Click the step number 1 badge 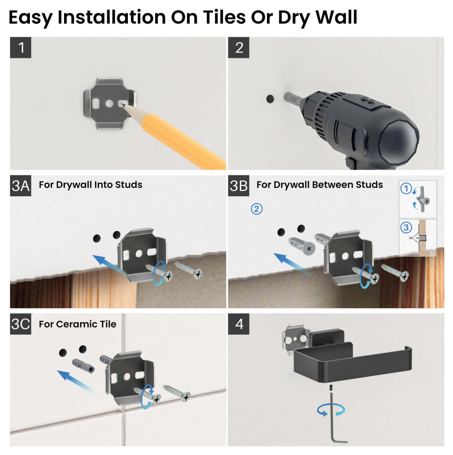21,48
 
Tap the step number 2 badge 239,48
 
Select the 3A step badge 21,186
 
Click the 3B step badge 239,186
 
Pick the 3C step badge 21,324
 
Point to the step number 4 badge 239,324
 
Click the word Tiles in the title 224,17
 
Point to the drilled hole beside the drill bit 270,99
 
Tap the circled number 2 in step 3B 256,209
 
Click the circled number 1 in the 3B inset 406,188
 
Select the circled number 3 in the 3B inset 406,227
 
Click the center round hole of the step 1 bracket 109,103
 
